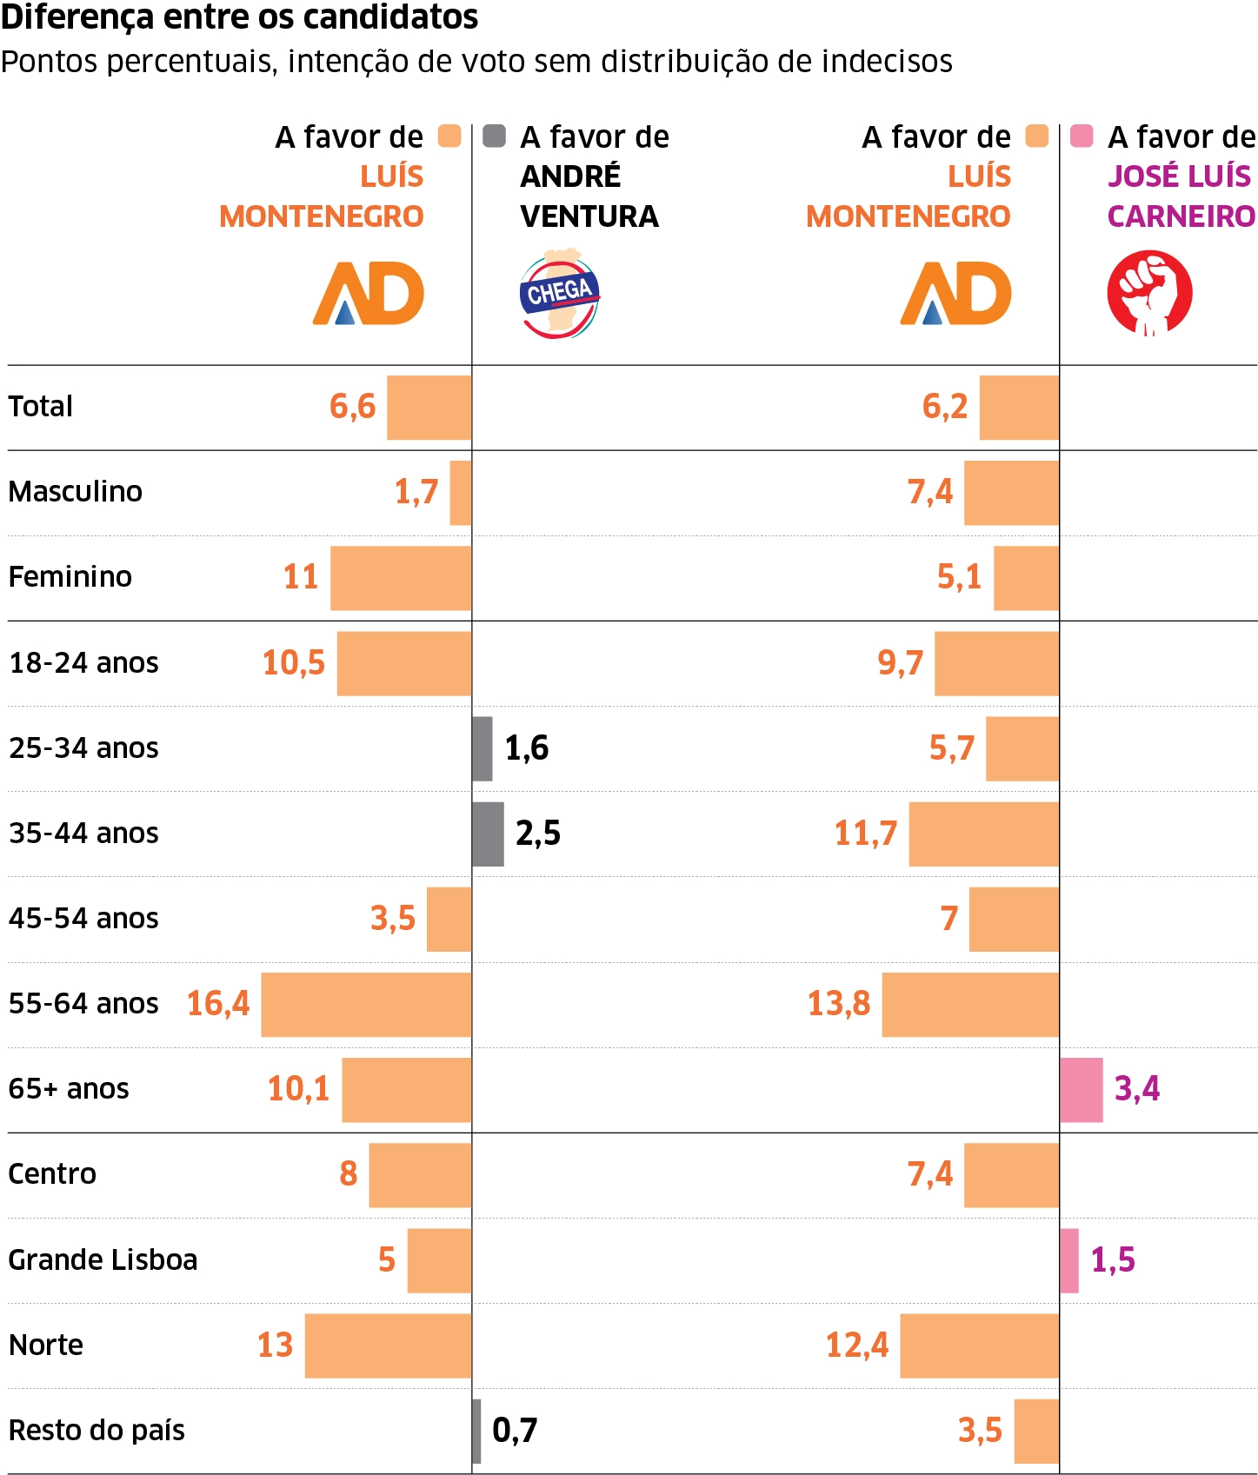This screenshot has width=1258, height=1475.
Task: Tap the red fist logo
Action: pyautogui.click(x=1149, y=293)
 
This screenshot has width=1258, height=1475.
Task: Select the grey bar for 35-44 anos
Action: pyautogui.click(x=488, y=834)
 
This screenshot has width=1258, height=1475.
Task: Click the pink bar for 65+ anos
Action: pyautogui.click(x=1082, y=1089)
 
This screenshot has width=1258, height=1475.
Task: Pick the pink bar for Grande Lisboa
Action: pyautogui.click(x=1069, y=1260)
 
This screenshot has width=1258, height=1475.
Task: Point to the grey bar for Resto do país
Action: pyautogui.click(x=476, y=1431)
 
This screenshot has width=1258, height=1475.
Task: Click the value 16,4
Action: pyautogui.click(x=218, y=1004)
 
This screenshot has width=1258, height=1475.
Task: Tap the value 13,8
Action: pyautogui.click(x=839, y=1004)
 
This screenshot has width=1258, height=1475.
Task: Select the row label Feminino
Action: pyautogui.click(x=70, y=577)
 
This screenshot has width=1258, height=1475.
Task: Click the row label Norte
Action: pyautogui.click(x=46, y=1345)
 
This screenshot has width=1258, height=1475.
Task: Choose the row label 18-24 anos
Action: pyautogui.click(x=83, y=663)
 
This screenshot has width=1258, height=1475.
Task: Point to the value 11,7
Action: pyautogui.click(x=865, y=834)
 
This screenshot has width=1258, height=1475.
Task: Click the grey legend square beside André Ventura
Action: pyautogui.click(x=494, y=136)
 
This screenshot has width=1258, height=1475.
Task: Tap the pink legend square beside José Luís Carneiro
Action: pyautogui.click(x=1082, y=136)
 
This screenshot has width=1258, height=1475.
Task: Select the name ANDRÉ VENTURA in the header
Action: pyautogui.click(x=589, y=196)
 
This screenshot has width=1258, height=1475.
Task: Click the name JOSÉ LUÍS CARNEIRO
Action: pyautogui.click(x=1181, y=196)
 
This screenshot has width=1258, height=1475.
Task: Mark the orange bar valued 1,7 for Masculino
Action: pyautogui.click(x=461, y=493)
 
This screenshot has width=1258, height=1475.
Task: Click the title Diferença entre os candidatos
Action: pyautogui.click(x=240, y=17)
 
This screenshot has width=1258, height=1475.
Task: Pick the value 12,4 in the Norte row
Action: pyautogui.click(x=856, y=1345)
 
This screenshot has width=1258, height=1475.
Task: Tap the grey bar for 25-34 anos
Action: pyautogui.click(x=483, y=748)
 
